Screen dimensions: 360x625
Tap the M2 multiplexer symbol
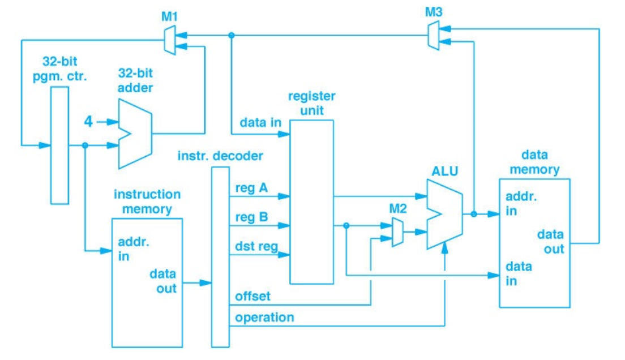tap(397, 233)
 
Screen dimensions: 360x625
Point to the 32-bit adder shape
tap(135, 134)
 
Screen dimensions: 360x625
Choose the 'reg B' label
tap(251, 217)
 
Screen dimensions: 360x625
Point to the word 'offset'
tap(252, 296)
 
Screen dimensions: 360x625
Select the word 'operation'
tap(264, 317)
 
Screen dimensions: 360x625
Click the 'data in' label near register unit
tap(260, 122)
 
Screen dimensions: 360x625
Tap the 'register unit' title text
tap(311, 103)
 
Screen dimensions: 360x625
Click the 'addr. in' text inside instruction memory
tap(131, 249)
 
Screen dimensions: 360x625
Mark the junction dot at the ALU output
tap(473, 214)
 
